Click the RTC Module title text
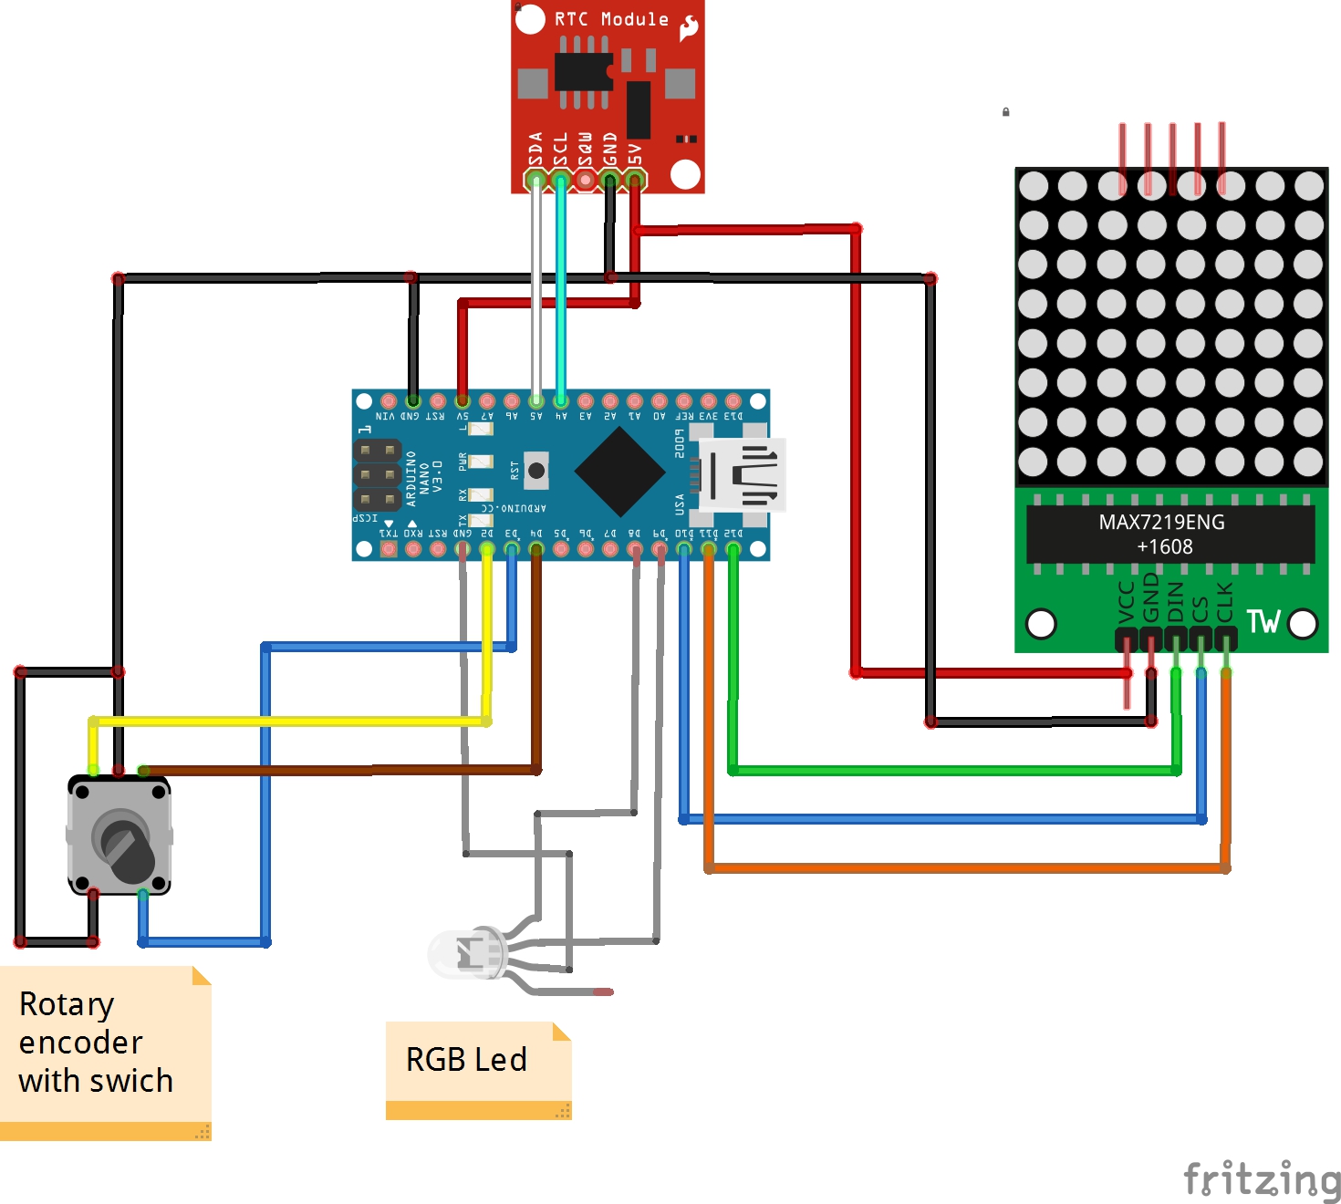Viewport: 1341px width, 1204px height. (x=611, y=19)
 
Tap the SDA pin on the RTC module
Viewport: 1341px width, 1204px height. (x=535, y=180)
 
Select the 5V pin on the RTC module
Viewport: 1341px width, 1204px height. (x=635, y=180)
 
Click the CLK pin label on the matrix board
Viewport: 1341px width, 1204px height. (x=1225, y=602)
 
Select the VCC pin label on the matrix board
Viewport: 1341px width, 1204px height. (x=1127, y=602)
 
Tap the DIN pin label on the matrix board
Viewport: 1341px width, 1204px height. (x=1176, y=602)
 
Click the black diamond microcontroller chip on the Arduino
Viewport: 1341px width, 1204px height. (x=620, y=472)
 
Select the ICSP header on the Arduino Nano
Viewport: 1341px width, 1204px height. (x=378, y=474)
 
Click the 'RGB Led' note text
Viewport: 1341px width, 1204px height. (x=466, y=1060)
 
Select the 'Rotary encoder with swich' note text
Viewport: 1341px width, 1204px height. (x=96, y=1043)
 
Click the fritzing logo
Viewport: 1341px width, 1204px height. (x=1262, y=1179)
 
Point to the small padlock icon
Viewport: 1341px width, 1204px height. (x=1005, y=112)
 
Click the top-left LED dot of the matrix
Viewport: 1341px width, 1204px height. (x=1034, y=186)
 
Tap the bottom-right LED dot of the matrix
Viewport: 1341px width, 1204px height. (x=1308, y=462)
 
